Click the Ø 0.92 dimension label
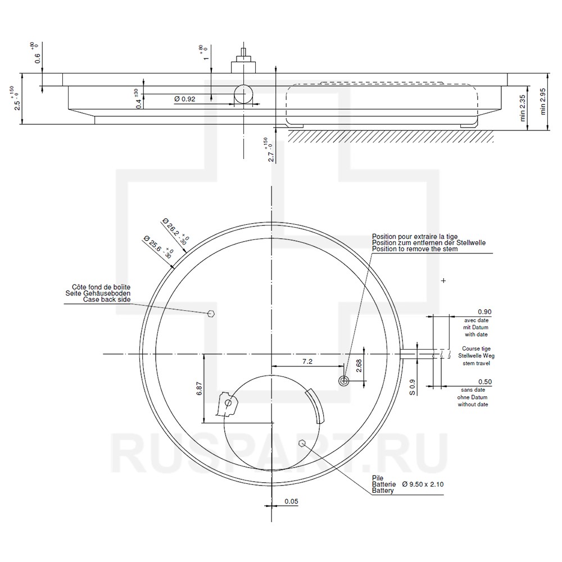pos(185,99)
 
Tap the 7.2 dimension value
pos(307,361)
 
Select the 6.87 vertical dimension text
pos(200,389)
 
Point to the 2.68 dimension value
pos(359,366)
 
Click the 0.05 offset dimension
pos(291,501)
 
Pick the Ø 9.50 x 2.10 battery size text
pos(423,484)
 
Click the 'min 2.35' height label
pos(523,107)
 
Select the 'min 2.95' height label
pos(543,101)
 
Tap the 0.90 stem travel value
pos(484,312)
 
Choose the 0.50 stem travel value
pos(485,382)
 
